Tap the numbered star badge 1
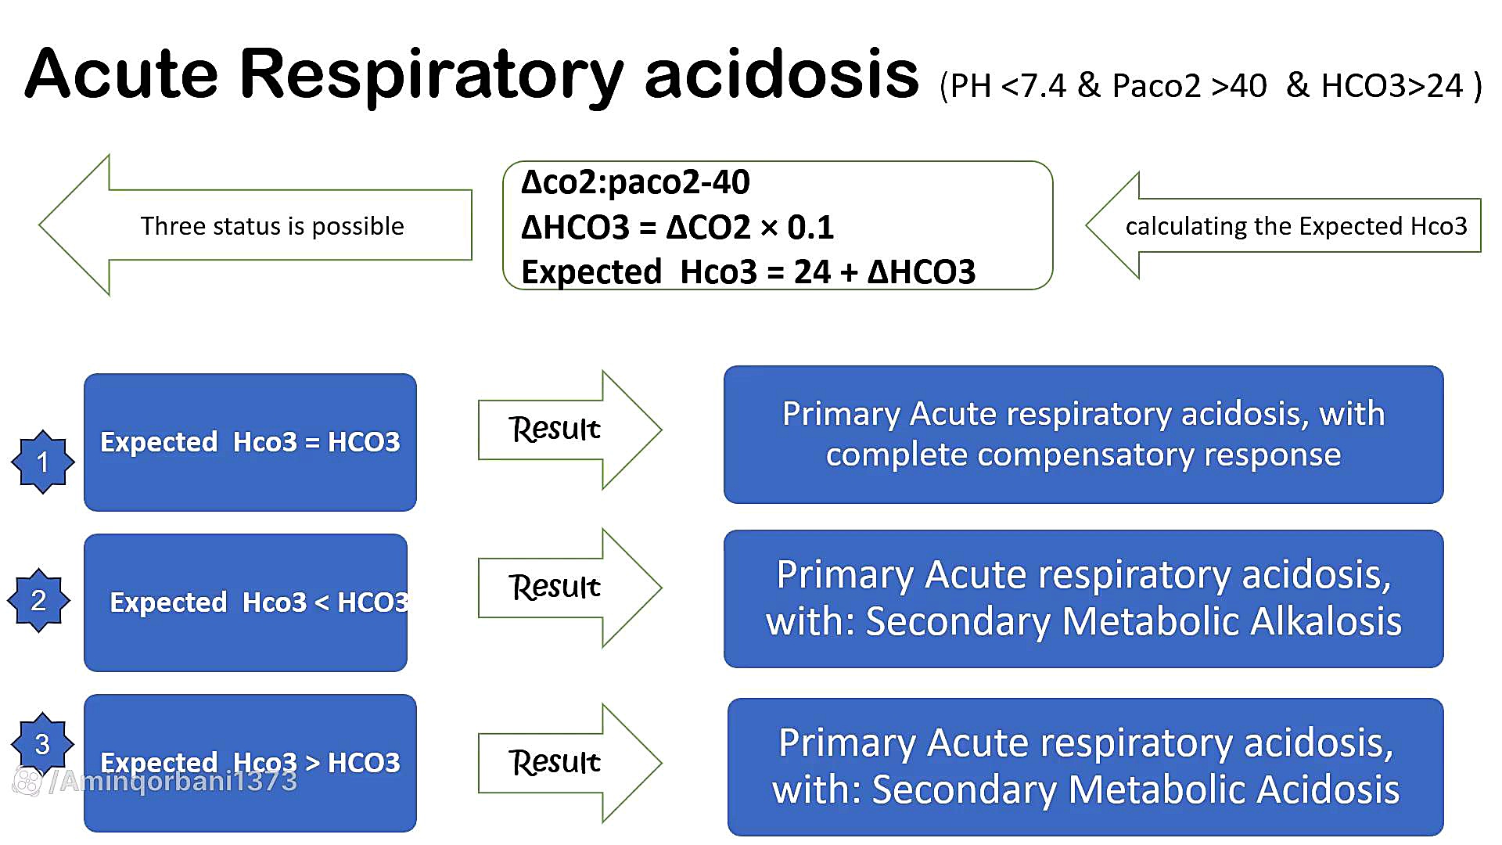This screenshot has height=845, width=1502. click(x=43, y=462)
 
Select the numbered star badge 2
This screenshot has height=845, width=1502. click(x=38, y=600)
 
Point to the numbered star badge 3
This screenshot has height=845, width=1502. click(x=42, y=743)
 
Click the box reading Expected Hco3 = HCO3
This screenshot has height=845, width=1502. click(x=250, y=442)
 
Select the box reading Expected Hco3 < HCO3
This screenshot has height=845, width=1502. click(x=246, y=602)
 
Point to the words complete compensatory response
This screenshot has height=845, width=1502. click(x=1083, y=455)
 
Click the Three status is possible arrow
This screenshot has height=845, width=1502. click(x=258, y=225)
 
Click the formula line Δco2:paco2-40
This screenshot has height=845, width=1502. click(x=635, y=182)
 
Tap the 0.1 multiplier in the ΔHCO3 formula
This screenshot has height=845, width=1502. click(x=810, y=228)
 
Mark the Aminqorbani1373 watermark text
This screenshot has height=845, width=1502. click(x=179, y=781)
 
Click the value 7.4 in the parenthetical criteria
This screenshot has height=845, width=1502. click(x=1044, y=86)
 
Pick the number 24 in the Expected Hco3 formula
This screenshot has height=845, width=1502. click(x=812, y=272)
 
